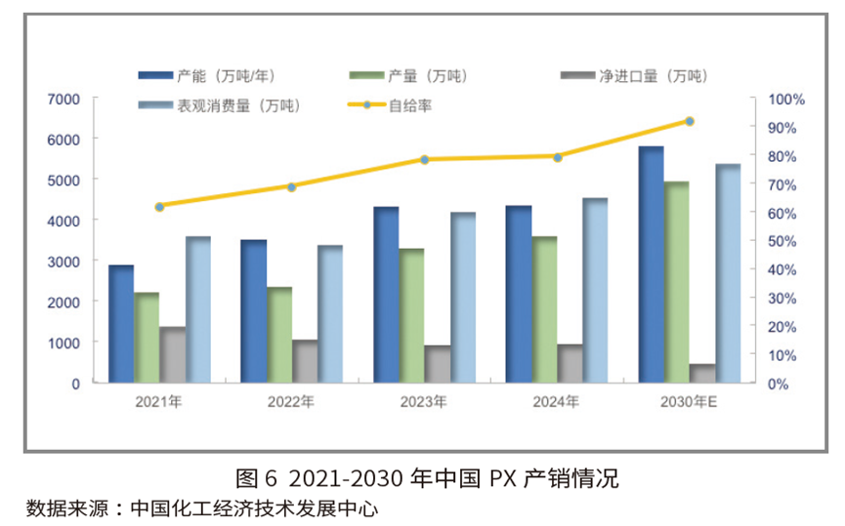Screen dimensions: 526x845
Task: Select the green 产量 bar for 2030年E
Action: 677,282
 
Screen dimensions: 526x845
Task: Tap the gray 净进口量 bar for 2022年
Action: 305,361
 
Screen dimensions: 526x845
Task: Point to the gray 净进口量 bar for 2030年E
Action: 702,373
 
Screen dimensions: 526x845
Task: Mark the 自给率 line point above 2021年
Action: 159,207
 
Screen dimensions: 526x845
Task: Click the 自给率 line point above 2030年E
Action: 690,121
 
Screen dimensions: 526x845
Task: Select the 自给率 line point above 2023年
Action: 425,159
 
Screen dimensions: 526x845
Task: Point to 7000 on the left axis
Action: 64,99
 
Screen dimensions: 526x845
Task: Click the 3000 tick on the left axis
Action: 64,262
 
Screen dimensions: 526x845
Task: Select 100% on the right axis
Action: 786,99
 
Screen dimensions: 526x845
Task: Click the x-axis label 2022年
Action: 291,401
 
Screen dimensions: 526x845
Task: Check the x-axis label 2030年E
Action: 689,401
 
